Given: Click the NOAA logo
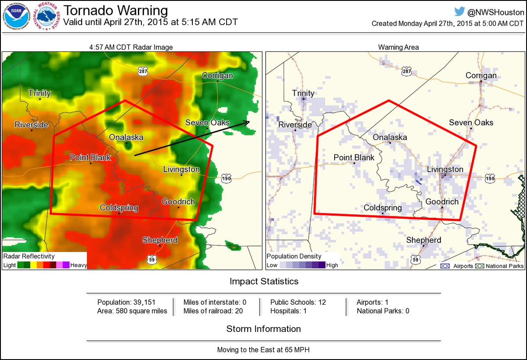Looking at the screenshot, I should (17, 18).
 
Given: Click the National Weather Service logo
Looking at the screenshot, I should (47, 18).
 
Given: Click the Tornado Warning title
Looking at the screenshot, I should (116, 10).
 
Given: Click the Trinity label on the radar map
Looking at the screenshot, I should (40, 93).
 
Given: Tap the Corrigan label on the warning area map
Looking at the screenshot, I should (481, 76).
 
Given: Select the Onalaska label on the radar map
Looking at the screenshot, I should (126, 137).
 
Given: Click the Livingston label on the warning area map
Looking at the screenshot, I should (445, 169).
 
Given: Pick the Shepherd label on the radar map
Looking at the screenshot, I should (160, 240).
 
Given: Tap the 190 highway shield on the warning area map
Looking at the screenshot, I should (490, 177).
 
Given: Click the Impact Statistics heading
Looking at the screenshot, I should (264, 281).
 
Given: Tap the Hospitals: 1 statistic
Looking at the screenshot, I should (288, 311).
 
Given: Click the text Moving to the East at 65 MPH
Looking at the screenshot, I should (263, 350).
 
